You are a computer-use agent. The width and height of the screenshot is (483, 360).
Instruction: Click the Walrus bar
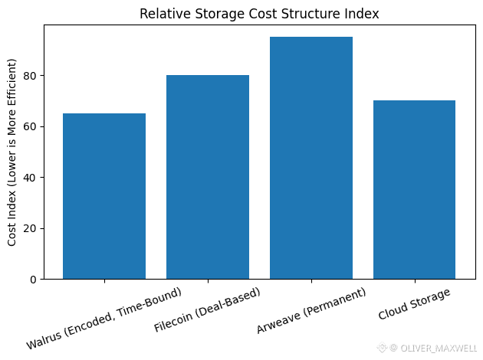pos(104,196)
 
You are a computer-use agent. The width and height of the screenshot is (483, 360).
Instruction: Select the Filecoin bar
pos(208,177)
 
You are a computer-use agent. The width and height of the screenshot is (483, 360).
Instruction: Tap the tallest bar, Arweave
pos(311,158)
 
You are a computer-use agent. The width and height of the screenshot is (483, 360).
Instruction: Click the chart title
pos(259,14)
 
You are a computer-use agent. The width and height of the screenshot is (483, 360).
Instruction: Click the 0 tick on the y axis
pos(34,280)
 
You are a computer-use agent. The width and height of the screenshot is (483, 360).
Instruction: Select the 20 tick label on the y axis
pos(31,228)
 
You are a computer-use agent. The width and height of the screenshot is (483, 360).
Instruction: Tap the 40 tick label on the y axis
pos(31,178)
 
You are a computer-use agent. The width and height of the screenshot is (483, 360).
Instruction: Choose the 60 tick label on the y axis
pos(31,126)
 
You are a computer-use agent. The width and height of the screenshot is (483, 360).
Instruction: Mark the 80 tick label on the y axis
pos(31,76)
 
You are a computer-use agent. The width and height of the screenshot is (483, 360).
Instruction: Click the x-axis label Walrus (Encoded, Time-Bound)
pos(104,319)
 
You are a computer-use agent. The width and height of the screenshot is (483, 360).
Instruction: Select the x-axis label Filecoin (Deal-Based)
pos(207,311)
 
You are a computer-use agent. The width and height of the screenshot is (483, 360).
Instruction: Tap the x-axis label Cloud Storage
pos(415,304)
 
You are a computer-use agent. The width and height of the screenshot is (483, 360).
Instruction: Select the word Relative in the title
pos(163,14)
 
